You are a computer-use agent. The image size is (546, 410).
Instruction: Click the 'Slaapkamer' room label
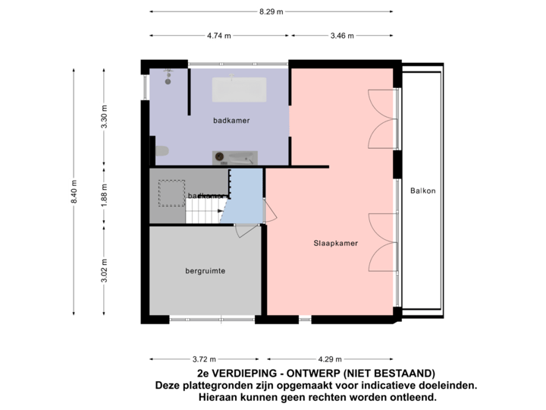pos(335,244)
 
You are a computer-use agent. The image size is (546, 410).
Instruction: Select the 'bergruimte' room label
pos(206,270)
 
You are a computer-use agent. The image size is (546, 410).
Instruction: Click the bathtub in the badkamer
pos(238,89)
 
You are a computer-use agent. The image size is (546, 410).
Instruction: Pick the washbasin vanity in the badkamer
pos(234,156)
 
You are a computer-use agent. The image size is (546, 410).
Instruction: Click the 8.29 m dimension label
pos(271,11)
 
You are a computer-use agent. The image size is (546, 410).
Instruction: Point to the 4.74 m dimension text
pos(218,36)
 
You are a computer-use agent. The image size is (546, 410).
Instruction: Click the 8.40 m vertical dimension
pos(74,191)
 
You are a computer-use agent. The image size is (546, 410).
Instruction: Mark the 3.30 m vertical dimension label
pos(105,118)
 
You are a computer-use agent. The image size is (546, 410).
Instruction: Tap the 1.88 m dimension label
pos(105,196)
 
